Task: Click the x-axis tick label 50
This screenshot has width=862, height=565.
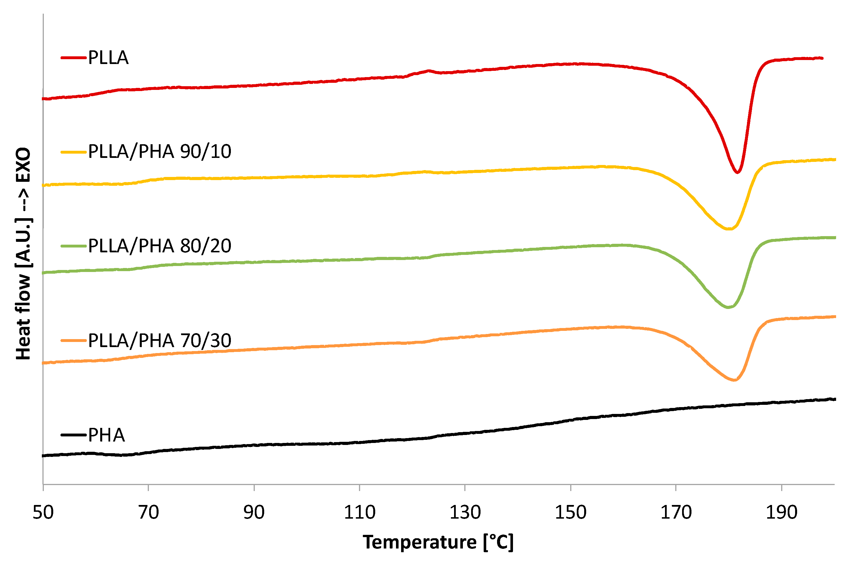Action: tap(43, 513)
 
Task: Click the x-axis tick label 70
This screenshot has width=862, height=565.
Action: tap(149, 513)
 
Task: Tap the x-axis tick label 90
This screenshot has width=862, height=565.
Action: tap(254, 513)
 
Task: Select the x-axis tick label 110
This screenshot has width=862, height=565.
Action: tap(359, 513)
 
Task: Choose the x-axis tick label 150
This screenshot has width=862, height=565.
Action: tap(570, 513)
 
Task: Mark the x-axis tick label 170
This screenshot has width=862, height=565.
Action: tap(676, 513)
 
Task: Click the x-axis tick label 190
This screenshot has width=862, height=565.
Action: tap(781, 513)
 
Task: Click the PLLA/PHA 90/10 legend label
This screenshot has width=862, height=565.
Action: tap(159, 152)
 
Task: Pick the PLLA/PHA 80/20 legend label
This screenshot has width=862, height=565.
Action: tap(159, 246)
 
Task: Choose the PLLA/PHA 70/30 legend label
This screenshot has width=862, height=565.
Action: tap(159, 341)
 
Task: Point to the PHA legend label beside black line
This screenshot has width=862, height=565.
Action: tap(106, 435)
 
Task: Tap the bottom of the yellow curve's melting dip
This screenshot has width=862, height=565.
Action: tap(729, 229)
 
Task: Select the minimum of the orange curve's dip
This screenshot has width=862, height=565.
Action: tap(734, 380)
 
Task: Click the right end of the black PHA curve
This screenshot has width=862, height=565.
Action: tap(835, 399)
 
